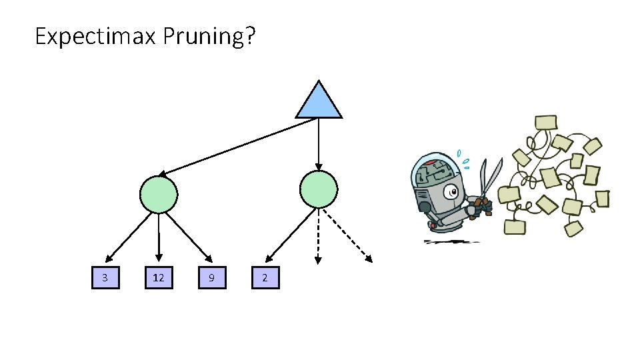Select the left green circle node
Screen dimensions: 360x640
[159, 194]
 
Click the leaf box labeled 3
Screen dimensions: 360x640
[105, 277]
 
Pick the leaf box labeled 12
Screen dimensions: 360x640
[159, 277]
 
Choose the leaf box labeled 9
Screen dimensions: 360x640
[212, 277]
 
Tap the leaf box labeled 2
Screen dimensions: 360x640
[265, 277]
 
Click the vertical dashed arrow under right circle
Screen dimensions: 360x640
[319, 237]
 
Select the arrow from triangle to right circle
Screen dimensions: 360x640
[319, 143]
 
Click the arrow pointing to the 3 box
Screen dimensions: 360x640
[127, 237]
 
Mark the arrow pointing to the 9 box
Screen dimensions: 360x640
[191, 237]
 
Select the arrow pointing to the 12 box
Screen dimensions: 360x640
[159, 237]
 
